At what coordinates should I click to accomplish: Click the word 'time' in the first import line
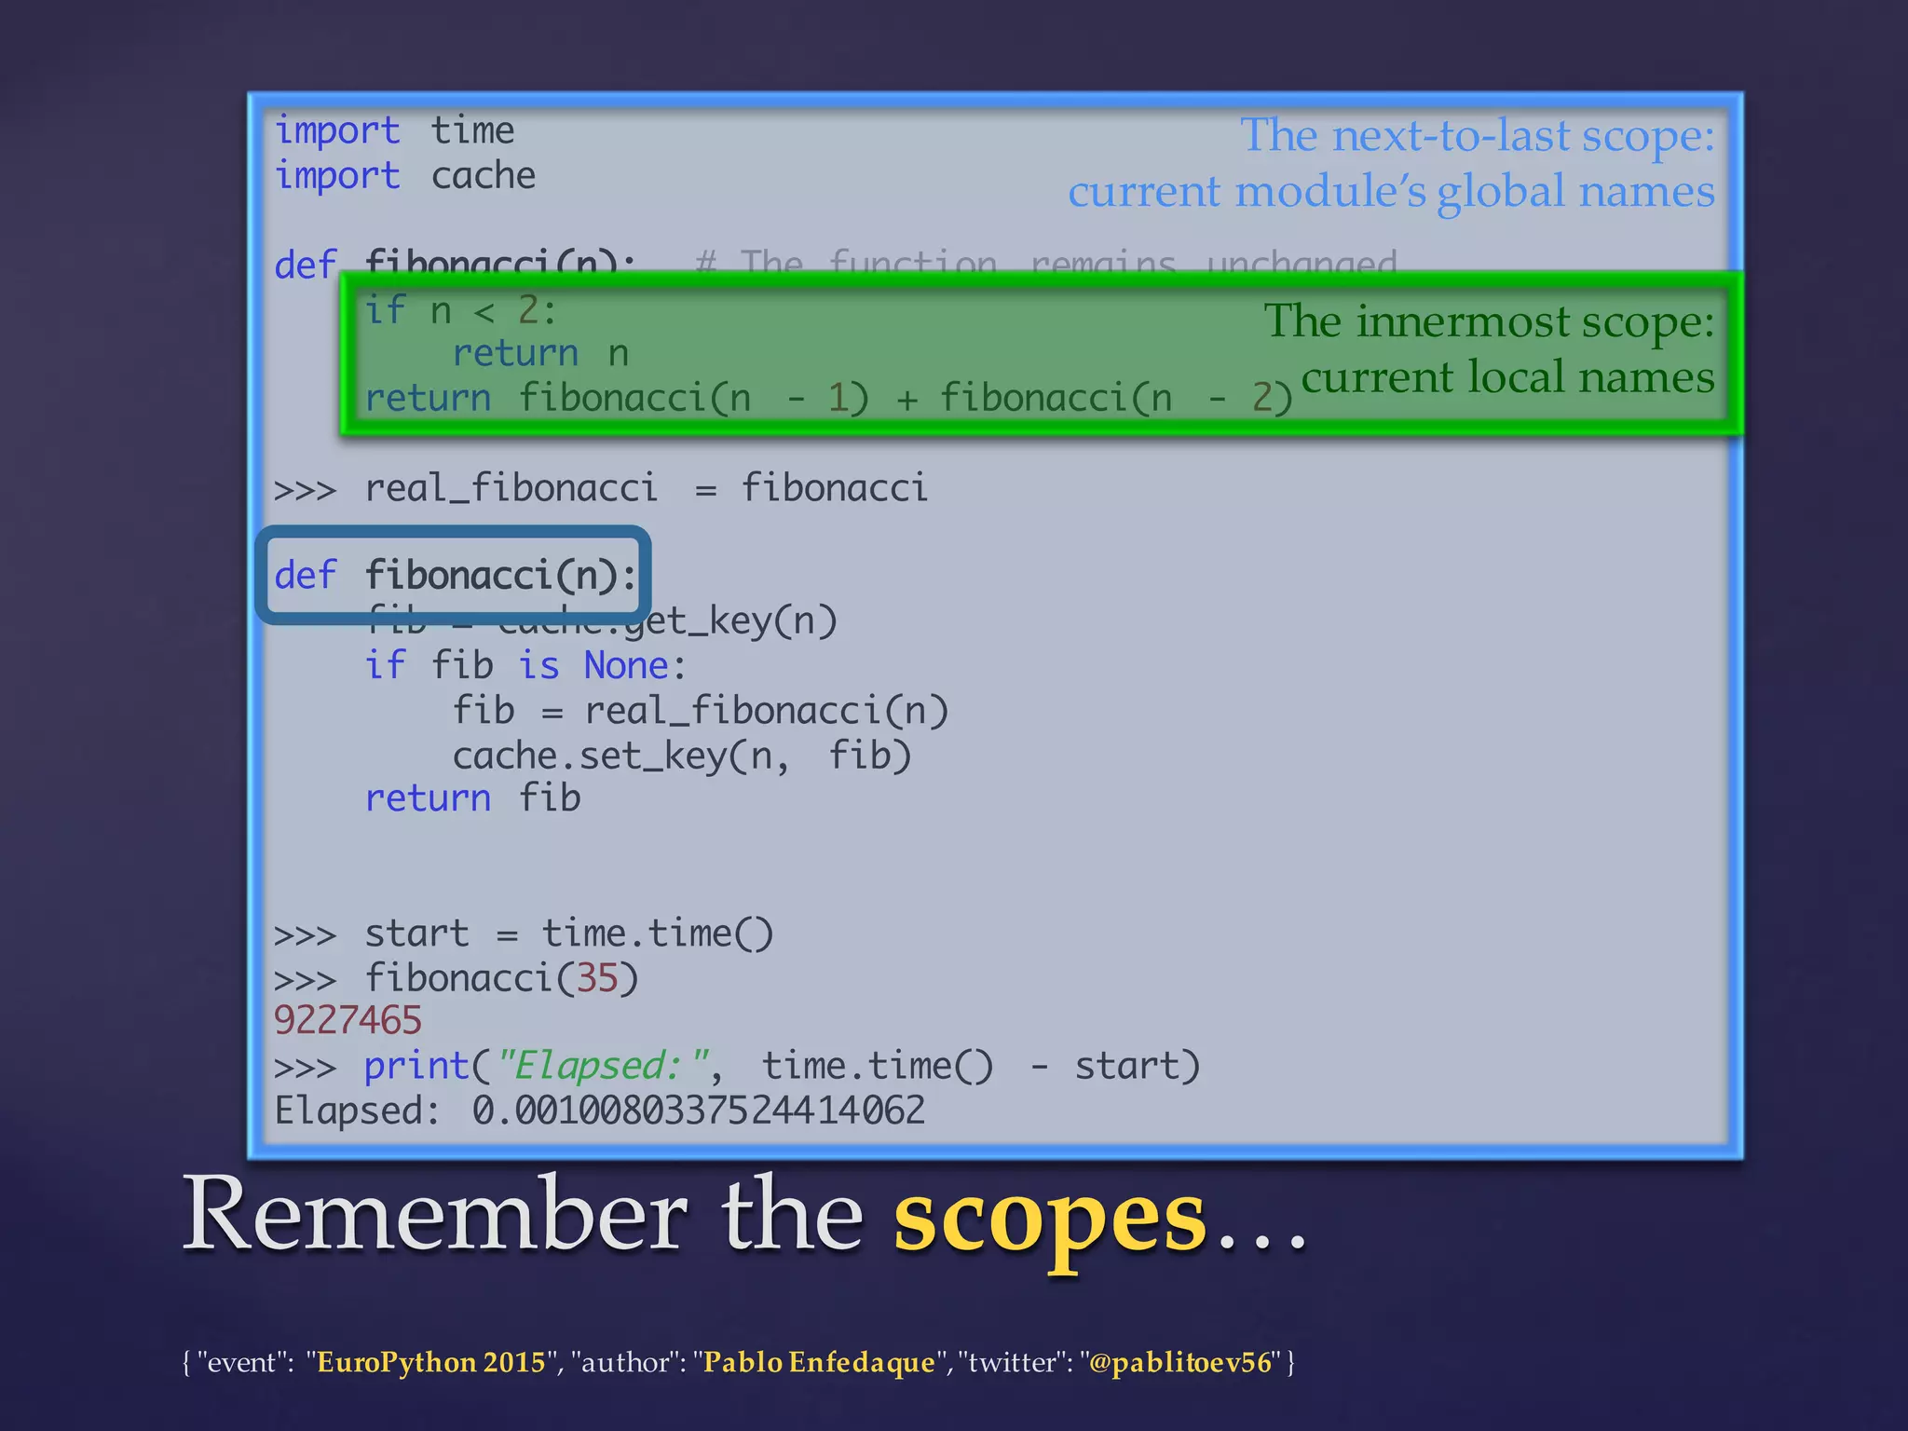click(x=472, y=130)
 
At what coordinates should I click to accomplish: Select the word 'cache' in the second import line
click(x=484, y=176)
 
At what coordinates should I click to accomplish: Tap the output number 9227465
click(x=348, y=1020)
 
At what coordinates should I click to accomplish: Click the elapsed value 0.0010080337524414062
click(x=698, y=1111)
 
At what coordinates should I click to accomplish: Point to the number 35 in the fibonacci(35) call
click(x=597, y=978)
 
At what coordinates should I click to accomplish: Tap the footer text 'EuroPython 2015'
click(x=431, y=1362)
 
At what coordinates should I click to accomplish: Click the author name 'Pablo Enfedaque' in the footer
click(x=819, y=1362)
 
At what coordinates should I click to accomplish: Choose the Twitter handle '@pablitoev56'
click(x=1179, y=1362)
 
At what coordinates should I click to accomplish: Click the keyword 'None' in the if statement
click(x=627, y=666)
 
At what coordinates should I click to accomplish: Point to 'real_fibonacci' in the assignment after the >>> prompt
click(x=511, y=488)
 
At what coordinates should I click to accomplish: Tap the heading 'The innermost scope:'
click(x=1488, y=321)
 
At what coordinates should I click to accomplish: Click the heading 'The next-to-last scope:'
click(x=1477, y=136)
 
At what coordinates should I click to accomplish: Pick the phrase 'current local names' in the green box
click(x=1507, y=377)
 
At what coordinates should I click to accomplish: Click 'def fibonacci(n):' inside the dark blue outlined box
click(x=455, y=575)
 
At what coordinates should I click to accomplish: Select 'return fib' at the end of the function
click(x=472, y=798)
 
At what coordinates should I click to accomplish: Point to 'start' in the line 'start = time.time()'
click(x=416, y=934)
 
